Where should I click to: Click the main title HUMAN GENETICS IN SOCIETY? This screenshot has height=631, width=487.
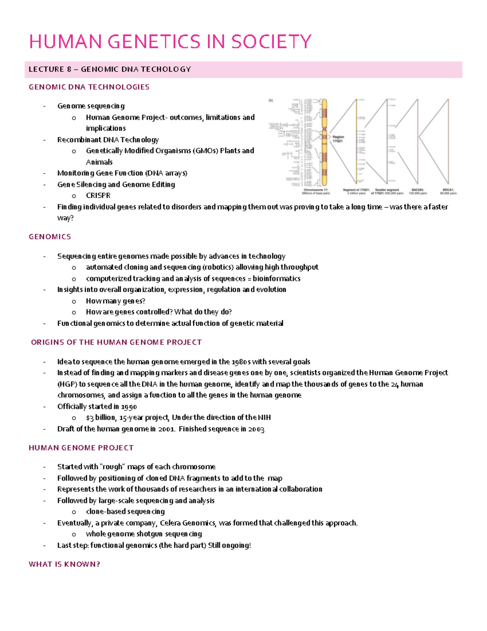pos(170,42)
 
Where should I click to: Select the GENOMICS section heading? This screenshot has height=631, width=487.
pos(50,236)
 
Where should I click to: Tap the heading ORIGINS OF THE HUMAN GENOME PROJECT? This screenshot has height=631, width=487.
pos(116,342)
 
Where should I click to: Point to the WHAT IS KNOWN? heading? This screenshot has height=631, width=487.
pos(64,564)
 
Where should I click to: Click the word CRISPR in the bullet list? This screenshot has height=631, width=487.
pos(98,195)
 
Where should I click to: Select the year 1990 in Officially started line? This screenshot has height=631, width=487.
pos(129,406)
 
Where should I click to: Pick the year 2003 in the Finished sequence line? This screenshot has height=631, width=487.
pos(256,429)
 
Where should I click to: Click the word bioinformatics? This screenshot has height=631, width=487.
pos(276,279)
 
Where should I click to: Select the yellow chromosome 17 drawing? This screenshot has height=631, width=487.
pos(324,142)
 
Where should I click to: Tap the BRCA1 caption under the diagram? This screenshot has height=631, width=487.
pos(448,191)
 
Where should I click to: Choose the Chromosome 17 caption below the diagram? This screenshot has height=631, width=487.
pos(316,191)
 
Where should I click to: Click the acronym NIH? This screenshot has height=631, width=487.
pos(264,418)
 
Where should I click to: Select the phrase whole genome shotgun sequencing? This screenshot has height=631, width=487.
pos(144,534)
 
